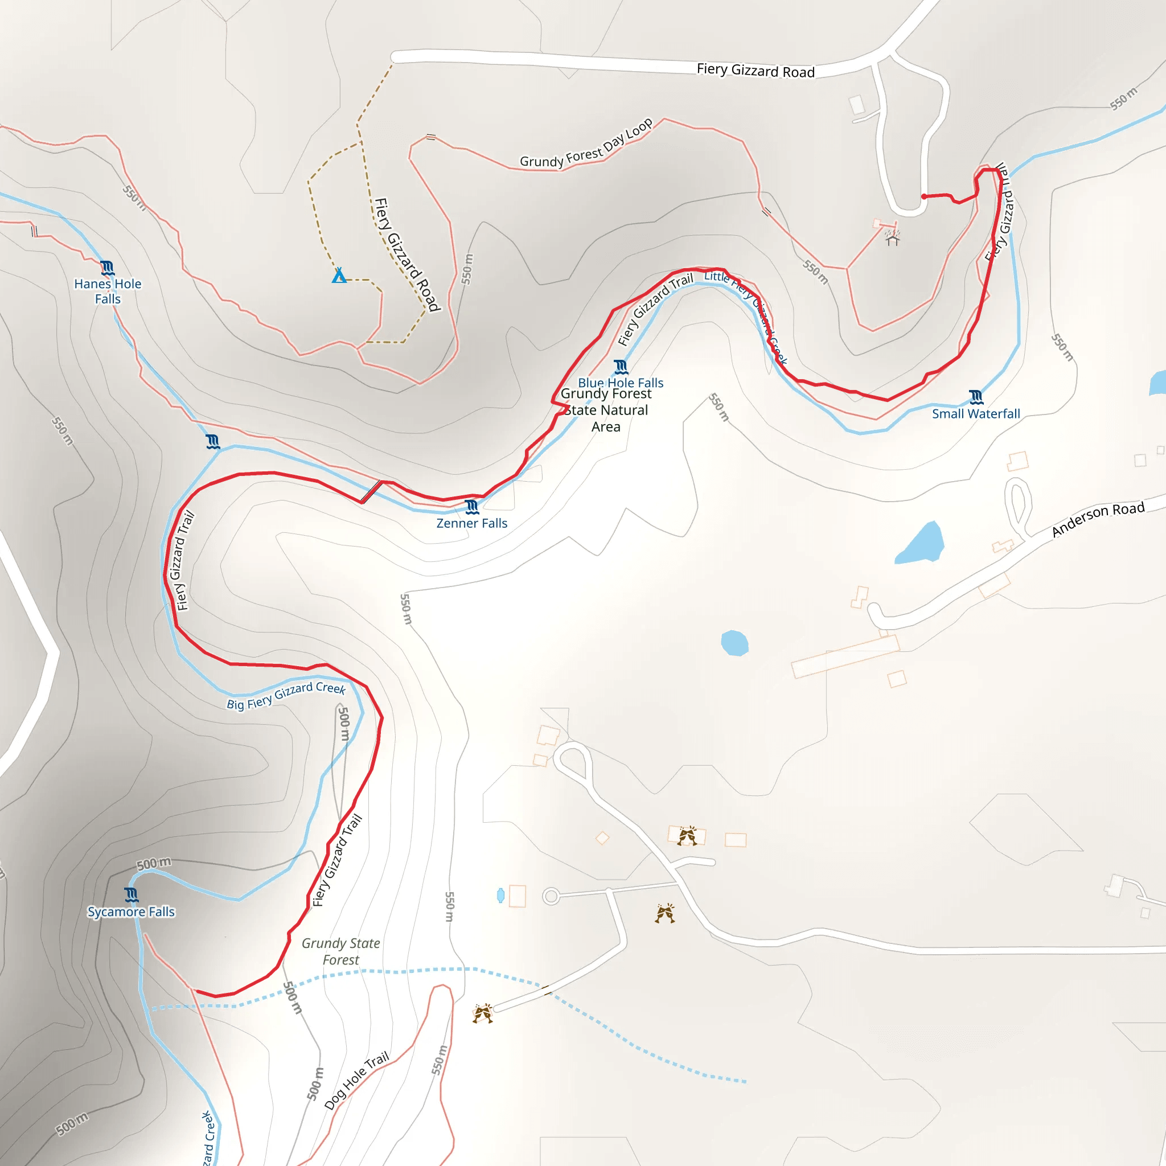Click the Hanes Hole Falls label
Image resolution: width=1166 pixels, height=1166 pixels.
[x=108, y=291]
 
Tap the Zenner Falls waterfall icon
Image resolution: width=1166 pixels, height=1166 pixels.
[x=472, y=506]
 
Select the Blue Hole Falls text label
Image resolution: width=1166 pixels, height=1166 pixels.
[x=621, y=383]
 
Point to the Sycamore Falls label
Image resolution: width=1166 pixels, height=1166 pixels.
[x=131, y=912]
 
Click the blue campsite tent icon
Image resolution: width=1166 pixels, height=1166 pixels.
[x=339, y=276]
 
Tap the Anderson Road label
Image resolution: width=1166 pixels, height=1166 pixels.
[x=1098, y=519]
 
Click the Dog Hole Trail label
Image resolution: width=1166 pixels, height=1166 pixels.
[x=356, y=1080]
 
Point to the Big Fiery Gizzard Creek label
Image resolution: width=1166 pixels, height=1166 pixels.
[x=286, y=695]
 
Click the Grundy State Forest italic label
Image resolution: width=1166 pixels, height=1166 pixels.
[x=340, y=951]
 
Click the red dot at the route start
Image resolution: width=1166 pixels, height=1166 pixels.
[x=924, y=196]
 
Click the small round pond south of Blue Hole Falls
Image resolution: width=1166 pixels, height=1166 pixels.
[x=734, y=643]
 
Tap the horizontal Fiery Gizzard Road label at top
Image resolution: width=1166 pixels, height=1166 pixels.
[x=756, y=71]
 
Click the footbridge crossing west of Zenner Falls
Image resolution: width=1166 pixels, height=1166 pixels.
[x=371, y=491]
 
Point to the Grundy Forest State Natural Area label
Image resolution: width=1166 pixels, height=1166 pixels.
[x=606, y=410]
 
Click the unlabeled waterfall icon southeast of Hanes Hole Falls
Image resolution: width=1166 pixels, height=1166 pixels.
[x=212, y=441]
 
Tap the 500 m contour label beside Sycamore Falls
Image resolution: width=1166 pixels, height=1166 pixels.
[x=153, y=864]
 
